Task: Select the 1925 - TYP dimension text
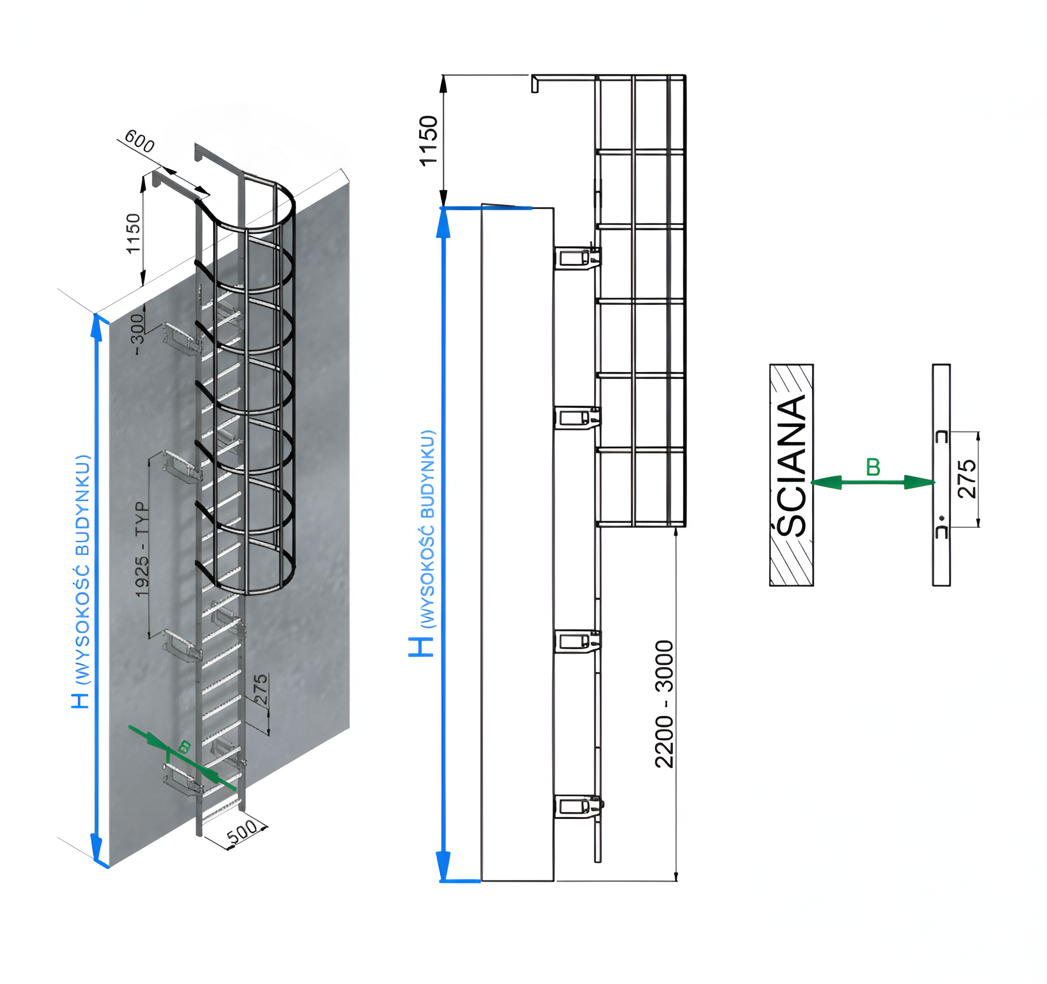142,550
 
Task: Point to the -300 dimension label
137,334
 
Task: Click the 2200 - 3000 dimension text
664,704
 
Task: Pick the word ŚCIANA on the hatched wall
792,466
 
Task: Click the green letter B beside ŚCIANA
873,467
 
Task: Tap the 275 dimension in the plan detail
967,479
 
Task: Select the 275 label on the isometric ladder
261,689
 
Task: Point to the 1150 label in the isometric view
133,234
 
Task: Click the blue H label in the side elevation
421,646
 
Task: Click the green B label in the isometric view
184,747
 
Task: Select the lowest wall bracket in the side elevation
577,806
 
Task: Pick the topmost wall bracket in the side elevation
577,257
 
